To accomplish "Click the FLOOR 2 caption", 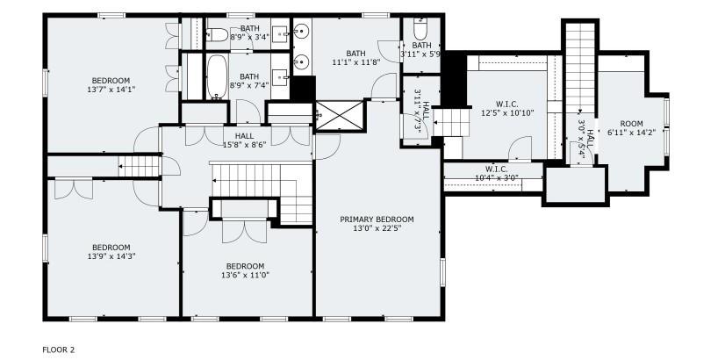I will [60, 349].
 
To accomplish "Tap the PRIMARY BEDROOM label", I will [377, 220].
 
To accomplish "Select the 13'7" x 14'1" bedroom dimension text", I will [111, 89].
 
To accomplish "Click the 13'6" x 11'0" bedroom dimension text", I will [245, 275].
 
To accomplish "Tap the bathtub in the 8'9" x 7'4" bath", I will [215, 78].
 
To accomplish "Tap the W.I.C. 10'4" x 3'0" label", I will [496, 174].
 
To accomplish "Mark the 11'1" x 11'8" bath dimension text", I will [355, 62].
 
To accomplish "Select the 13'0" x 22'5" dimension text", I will [377, 229].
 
